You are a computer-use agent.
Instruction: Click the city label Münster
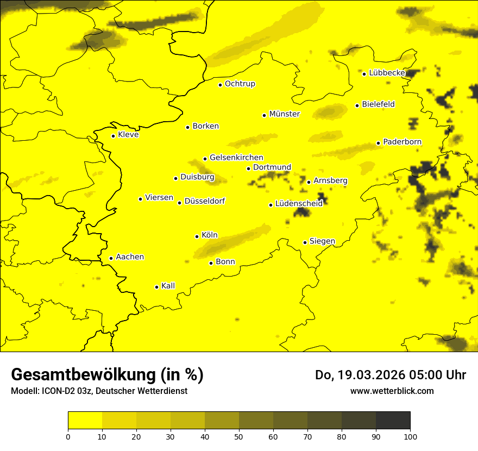point(284,114)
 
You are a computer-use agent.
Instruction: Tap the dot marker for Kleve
point(113,136)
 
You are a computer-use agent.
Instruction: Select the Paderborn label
point(402,142)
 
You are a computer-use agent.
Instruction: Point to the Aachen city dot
point(111,258)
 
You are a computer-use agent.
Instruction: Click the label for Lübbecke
point(387,73)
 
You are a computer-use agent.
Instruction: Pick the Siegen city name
point(322,241)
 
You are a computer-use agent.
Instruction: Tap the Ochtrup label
point(240,84)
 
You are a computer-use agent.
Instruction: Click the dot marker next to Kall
point(156,287)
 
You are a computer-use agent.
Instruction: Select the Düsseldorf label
point(204,201)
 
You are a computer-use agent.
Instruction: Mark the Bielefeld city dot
point(357,105)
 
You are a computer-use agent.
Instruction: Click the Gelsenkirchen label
point(236,158)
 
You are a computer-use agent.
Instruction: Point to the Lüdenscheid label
point(299,204)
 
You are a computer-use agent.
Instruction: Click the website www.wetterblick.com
point(392,391)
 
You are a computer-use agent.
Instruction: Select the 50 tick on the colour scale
point(239,436)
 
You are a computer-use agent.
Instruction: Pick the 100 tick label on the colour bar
point(410,436)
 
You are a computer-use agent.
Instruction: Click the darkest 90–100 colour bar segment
point(393,420)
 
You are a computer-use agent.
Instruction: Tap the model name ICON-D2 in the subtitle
point(58,391)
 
